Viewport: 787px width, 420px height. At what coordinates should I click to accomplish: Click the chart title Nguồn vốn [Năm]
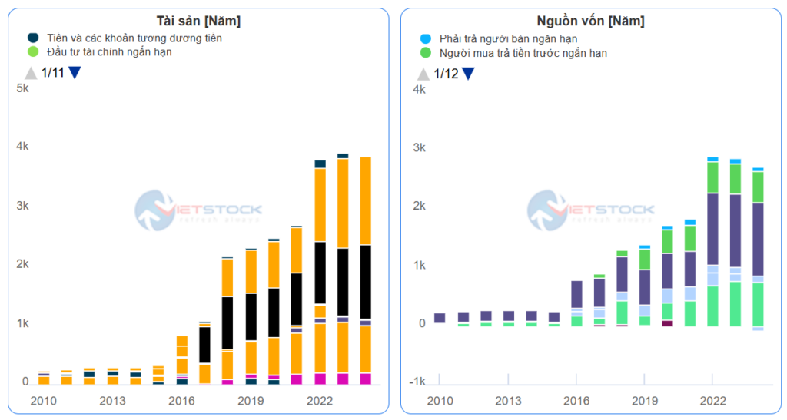coord(590,21)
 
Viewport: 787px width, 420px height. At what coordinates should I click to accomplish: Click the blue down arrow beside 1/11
coord(75,73)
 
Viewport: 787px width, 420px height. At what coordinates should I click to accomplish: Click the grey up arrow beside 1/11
coord(31,73)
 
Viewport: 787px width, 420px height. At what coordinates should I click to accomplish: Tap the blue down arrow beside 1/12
coord(467,74)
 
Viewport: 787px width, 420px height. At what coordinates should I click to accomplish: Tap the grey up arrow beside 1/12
coord(423,74)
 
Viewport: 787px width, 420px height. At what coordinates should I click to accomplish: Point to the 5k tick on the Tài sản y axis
coord(22,88)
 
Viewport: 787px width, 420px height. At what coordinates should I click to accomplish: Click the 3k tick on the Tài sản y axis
coord(22,206)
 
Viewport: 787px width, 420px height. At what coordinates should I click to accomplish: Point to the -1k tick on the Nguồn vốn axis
coord(416,382)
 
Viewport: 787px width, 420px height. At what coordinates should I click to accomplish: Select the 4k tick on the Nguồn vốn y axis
coord(419,89)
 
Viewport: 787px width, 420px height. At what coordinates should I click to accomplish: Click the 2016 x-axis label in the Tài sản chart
coord(181,400)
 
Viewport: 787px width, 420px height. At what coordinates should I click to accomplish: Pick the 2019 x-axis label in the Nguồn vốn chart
coord(644,400)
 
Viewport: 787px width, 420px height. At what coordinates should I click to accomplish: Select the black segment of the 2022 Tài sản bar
coord(320,273)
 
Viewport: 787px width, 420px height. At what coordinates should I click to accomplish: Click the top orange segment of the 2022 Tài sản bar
coord(320,204)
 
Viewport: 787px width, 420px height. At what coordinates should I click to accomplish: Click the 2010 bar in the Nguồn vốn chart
coord(440,318)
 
